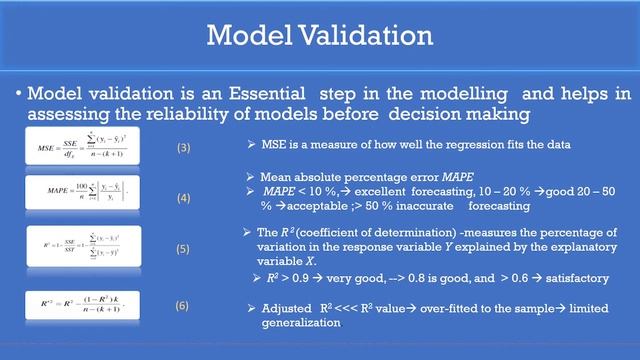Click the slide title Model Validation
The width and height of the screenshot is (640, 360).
point(319,36)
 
